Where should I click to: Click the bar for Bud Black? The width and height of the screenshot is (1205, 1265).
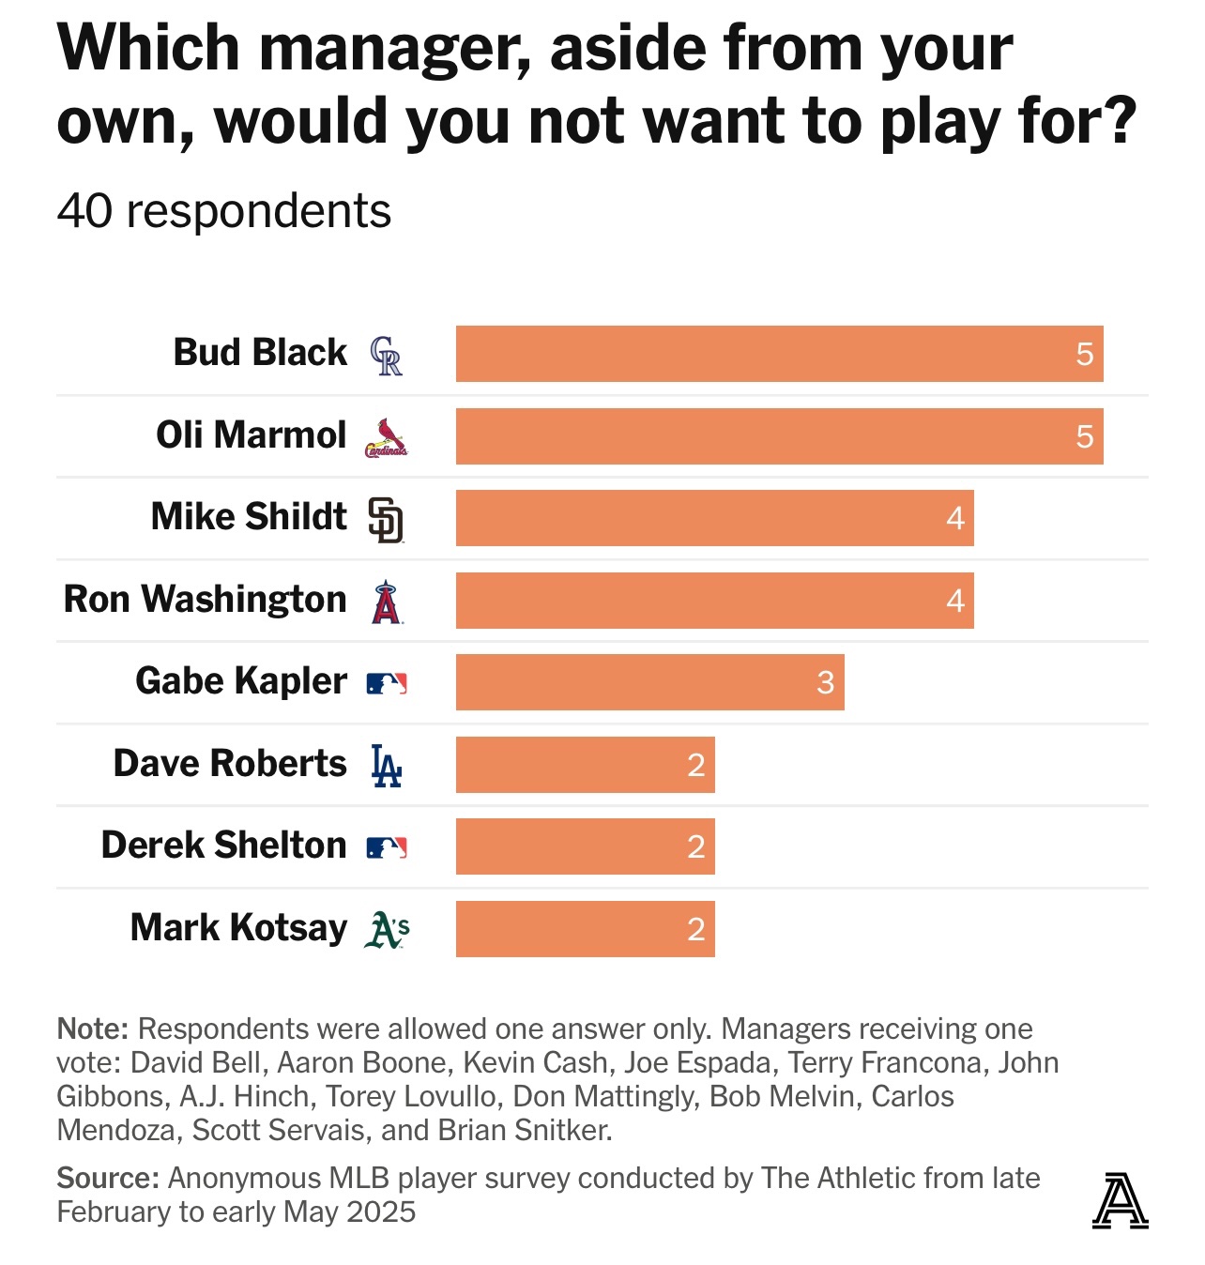click(779, 354)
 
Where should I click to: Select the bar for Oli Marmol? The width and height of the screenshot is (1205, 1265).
click(779, 436)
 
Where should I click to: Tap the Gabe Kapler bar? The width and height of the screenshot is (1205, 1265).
click(649, 682)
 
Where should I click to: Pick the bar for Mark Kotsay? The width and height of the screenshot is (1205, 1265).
click(585, 929)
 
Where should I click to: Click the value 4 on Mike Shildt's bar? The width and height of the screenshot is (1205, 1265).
click(955, 518)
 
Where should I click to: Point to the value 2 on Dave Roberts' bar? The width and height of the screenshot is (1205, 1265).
click(695, 765)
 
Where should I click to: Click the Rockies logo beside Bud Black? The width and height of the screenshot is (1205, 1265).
click(386, 356)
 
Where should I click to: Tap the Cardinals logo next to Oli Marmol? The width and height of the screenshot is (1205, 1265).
click(386, 438)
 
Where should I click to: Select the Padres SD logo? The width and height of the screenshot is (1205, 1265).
click(386, 520)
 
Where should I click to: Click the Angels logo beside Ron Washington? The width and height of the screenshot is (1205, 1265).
click(386, 602)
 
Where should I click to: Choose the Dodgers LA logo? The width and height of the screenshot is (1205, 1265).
click(386, 766)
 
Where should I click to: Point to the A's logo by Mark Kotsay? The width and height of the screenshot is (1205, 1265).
click(387, 929)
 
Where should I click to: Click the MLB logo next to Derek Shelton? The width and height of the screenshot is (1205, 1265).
click(386, 847)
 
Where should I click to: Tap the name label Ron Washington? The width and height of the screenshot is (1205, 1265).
click(205, 599)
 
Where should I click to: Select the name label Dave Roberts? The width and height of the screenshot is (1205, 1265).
click(230, 763)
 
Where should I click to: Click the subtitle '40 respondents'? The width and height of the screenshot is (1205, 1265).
click(223, 211)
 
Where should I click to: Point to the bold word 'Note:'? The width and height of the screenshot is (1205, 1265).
click(92, 1029)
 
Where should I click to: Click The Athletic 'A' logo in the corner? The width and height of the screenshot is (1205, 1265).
click(1120, 1200)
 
